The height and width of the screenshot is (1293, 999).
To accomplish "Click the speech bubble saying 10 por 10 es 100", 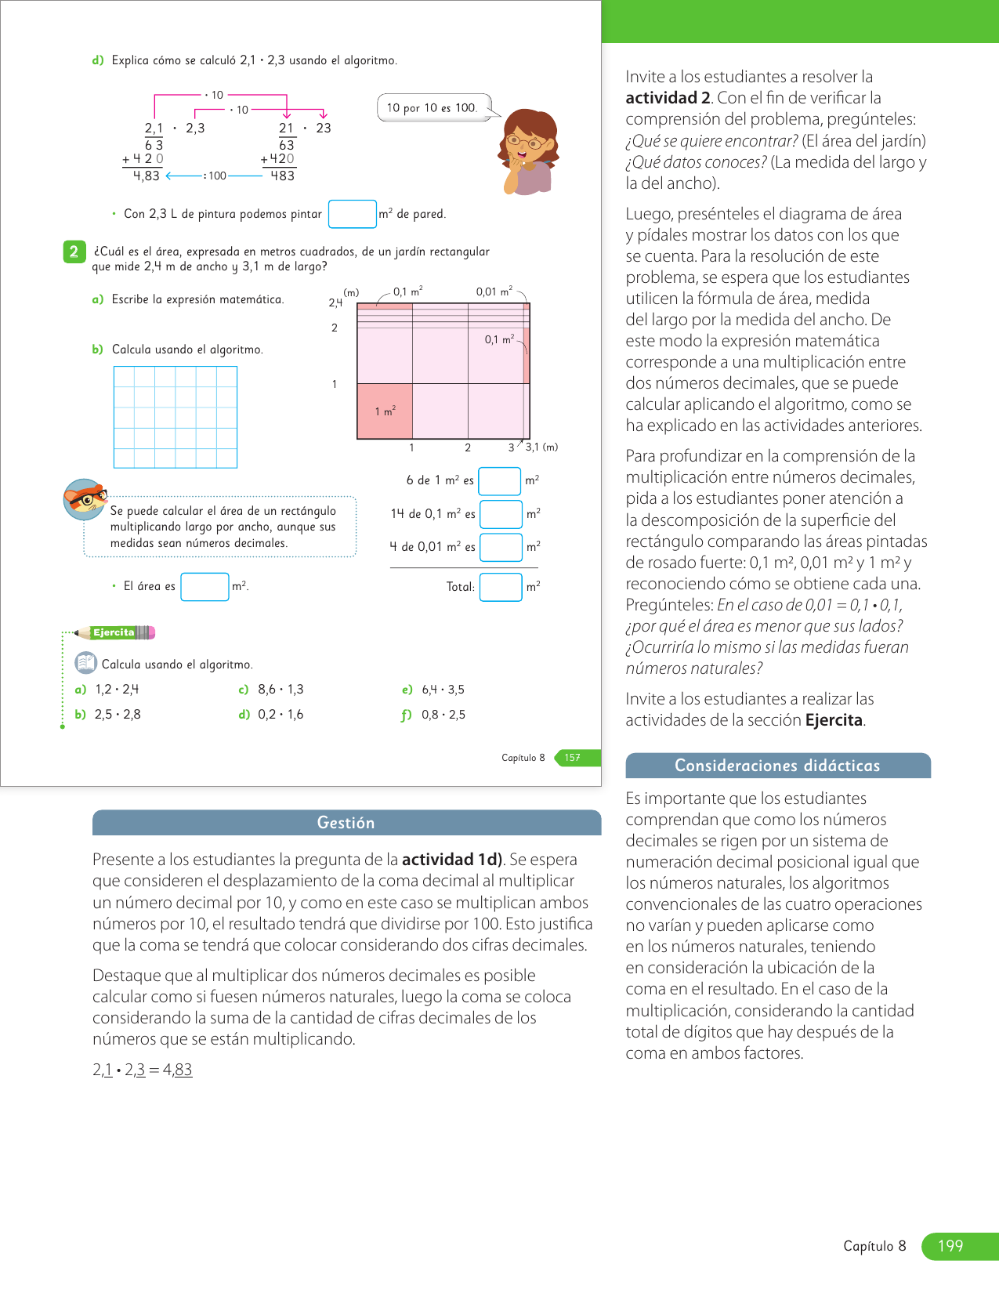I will click(x=433, y=107).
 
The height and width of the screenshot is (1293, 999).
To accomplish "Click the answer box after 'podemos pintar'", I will click(x=352, y=214).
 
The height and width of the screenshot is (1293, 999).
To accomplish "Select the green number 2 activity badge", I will click(x=74, y=252).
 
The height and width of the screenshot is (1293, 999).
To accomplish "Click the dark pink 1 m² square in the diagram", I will click(x=384, y=411).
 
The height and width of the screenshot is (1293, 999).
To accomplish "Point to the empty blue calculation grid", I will click(x=176, y=417).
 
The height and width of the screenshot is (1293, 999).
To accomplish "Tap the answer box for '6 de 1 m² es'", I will click(x=499, y=480).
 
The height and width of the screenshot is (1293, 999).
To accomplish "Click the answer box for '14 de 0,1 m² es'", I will click(x=501, y=514).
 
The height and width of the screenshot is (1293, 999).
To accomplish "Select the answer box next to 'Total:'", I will click(x=501, y=587).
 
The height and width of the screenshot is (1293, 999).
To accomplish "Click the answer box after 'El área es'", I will click(x=205, y=586).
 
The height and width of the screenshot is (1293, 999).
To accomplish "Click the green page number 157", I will click(x=574, y=758).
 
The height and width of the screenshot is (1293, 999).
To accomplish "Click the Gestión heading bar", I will click(x=346, y=823).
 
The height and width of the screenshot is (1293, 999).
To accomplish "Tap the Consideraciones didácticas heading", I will click(x=777, y=766).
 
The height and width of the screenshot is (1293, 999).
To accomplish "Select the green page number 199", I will click(x=950, y=1246).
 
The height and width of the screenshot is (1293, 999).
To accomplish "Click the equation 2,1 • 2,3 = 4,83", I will click(x=143, y=1070).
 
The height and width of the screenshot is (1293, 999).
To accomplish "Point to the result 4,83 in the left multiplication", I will click(x=147, y=176).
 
